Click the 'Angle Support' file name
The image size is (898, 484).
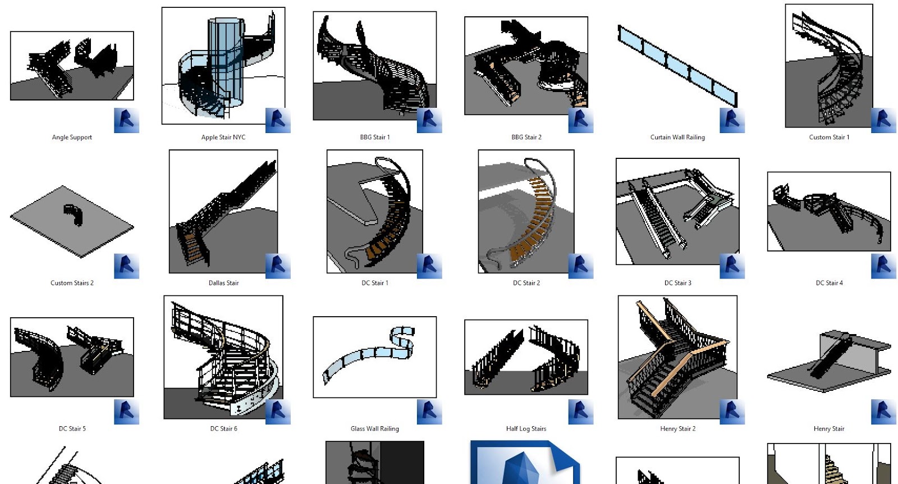pyautogui.click(x=72, y=137)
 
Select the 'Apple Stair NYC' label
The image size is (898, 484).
pyautogui.click(x=223, y=137)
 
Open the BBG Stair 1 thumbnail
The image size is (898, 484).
pyautogui.click(x=375, y=66)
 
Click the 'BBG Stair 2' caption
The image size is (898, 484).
pyautogui.click(x=526, y=137)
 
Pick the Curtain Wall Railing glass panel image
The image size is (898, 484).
pyautogui.click(x=677, y=66)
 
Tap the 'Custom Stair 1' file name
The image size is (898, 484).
pyautogui.click(x=829, y=137)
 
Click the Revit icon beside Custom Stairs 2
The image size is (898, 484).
pyautogui.click(x=126, y=266)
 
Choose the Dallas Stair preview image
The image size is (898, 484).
pyautogui.click(x=223, y=211)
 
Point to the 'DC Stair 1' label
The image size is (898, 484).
pyautogui.click(x=375, y=282)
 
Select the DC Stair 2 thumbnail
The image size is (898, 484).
pyautogui.click(x=526, y=211)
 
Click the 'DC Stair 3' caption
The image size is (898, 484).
pyautogui.click(x=678, y=282)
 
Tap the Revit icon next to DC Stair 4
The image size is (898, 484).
pyautogui.click(x=883, y=266)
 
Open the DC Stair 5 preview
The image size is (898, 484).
pyautogui.click(x=72, y=357)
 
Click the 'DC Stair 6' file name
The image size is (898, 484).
pyautogui.click(x=224, y=428)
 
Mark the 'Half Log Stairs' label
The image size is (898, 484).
pyautogui.click(x=526, y=428)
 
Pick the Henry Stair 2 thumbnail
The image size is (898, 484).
pyautogui.click(x=677, y=357)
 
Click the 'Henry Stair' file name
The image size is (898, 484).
pyautogui.click(x=829, y=428)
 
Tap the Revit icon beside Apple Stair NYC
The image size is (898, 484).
pyautogui.click(x=278, y=120)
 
